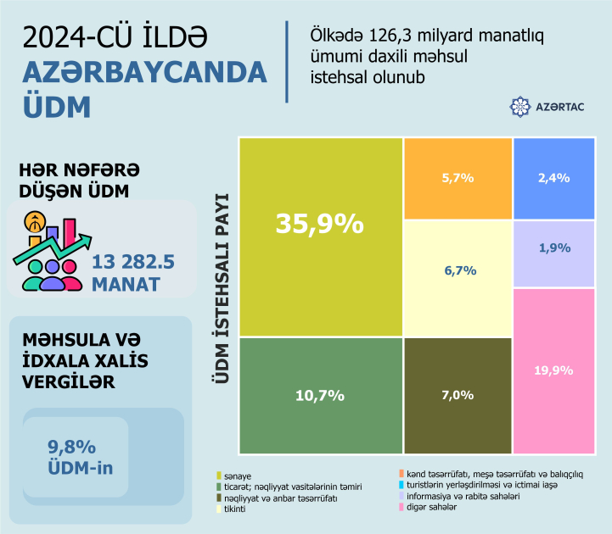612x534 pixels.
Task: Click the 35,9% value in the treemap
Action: (319, 224)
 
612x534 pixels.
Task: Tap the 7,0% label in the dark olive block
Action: (458, 395)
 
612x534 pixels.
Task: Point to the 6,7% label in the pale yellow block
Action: (458, 270)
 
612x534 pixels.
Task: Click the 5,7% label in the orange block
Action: (458, 178)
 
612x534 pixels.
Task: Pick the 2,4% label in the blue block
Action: (553, 178)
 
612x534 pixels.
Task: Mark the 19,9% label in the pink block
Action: (553, 370)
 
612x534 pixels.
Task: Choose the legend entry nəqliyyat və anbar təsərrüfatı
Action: (279, 498)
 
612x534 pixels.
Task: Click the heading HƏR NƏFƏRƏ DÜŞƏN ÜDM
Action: (74, 179)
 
